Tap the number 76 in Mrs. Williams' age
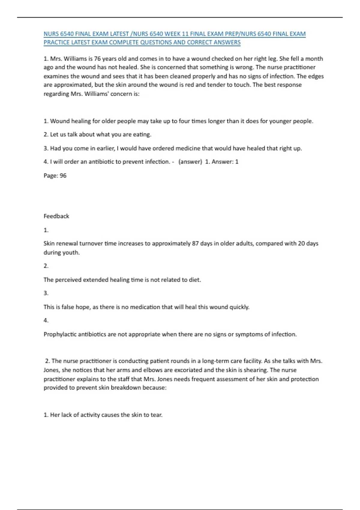click(97, 58)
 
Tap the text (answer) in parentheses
click(190, 162)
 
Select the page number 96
click(63, 175)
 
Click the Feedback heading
click(56, 216)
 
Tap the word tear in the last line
click(157, 415)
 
